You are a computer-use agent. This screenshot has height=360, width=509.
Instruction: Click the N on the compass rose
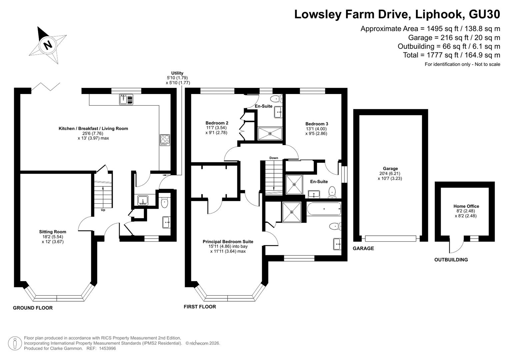(x=48, y=45)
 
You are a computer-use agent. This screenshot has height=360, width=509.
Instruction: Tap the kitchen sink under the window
(x=126, y=100)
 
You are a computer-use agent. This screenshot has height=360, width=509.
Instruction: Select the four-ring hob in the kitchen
(x=165, y=140)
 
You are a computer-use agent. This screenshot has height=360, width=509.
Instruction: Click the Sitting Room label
(x=52, y=232)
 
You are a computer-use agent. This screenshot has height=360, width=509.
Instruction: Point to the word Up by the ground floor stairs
(x=103, y=210)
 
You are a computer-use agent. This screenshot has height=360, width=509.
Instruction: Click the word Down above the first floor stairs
(x=274, y=158)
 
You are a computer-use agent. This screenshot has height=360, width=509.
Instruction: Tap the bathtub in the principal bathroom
(x=324, y=209)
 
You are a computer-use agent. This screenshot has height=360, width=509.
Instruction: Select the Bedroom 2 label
(x=217, y=123)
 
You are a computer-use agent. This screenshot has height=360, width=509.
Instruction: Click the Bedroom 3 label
(x=317, y=124)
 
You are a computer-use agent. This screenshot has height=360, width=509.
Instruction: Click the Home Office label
(x=466, y=206)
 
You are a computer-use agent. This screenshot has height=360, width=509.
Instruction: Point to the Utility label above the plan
(x=177, y=73)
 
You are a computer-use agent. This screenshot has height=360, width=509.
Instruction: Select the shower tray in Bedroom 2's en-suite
(x=270, y=134)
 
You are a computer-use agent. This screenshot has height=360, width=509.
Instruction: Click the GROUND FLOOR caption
(x=33, y=308)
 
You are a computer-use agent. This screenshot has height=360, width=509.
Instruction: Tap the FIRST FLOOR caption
(x=200, y=307)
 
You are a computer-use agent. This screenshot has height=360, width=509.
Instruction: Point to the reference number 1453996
(x=107, y=348)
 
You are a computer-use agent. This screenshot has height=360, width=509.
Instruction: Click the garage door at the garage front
(x=391, y=238)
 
